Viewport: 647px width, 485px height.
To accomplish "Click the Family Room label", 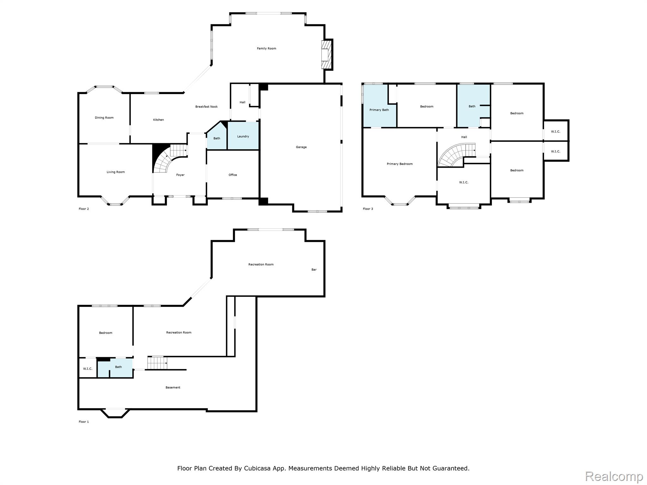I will click(266, 48).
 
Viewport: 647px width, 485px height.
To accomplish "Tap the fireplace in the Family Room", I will click(326, 55).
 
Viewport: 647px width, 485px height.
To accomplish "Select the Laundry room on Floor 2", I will click(243, 136).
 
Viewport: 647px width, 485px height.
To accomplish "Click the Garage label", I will click(301, 147).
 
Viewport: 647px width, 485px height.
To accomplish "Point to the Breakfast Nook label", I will click(206, 107).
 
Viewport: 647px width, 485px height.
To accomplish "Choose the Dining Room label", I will click(104, 117).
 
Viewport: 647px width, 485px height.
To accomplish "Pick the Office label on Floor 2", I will click(233, 175).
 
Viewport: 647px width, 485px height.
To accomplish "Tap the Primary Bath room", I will click(379, 110).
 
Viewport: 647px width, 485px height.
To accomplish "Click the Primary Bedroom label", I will click(400, 164).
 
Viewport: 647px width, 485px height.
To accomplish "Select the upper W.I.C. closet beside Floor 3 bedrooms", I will click(555, 131).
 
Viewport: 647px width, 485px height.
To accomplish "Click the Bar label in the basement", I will click(314, 269).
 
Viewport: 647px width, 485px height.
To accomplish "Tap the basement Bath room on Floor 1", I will click(118, 367).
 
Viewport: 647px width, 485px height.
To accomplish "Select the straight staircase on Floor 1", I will click(157, 362).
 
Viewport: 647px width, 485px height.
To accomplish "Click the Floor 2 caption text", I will click(84, 209).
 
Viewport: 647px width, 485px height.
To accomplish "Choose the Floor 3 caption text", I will click(368, 209).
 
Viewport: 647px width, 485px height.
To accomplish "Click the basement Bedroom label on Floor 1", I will click(106, 332).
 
